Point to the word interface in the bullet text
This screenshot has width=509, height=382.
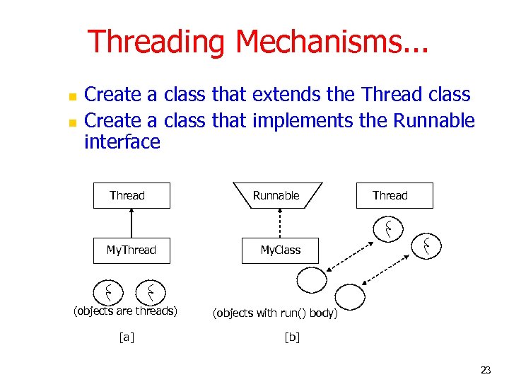122,142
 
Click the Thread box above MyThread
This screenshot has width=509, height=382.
131,196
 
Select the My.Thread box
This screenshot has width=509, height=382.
131,250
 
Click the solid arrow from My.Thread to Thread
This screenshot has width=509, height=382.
131,222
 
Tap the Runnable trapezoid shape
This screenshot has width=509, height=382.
276,196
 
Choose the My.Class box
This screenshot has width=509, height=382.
281,250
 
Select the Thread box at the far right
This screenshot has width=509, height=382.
394,196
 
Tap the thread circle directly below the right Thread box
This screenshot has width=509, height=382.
389,228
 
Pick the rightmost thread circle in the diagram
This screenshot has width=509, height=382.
427,246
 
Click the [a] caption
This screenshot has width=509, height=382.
126,337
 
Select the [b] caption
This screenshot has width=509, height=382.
291,337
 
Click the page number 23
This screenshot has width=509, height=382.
486,369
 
